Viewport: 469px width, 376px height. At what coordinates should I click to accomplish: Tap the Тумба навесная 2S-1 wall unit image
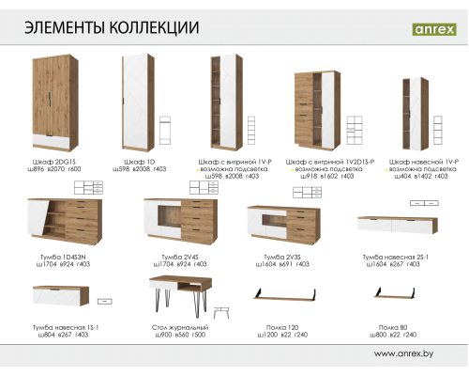395,224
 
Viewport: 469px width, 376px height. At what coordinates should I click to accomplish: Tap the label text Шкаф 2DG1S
53,161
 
